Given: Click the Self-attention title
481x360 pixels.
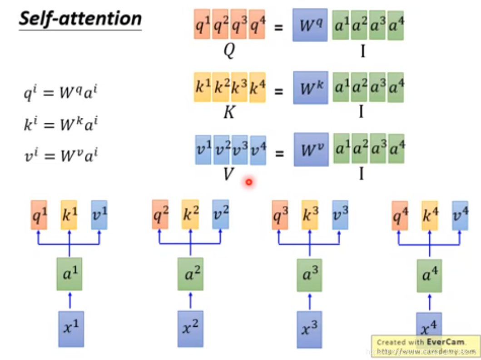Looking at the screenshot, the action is point(80,19).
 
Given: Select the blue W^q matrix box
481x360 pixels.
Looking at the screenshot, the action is point(310,25).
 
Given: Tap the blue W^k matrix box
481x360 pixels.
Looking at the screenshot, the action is point(310,87).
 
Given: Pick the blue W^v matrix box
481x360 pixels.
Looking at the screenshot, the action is point(311,149).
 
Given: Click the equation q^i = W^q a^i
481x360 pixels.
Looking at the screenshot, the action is point(60,94).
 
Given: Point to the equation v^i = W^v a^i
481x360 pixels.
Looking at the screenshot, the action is point(60,156).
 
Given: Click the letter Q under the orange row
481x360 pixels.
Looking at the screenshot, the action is point(229,51).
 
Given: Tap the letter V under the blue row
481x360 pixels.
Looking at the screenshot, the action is point(228,174).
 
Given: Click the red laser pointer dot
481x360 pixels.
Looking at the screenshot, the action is point(248,182).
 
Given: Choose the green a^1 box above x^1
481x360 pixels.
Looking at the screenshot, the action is point(69,274).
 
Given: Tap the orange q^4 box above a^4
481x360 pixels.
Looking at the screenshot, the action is point(400,215).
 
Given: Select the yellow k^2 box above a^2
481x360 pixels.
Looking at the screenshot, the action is point(190,214).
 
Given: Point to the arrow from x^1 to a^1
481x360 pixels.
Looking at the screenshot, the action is point(69,300).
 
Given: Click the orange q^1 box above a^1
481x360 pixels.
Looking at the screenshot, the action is point(39,215).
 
